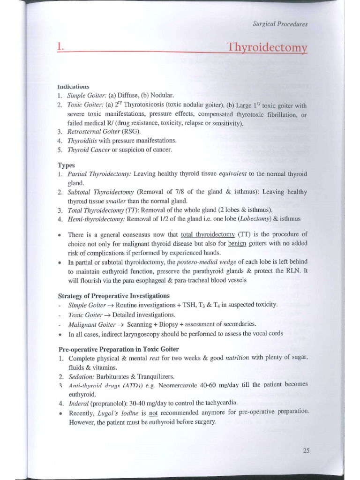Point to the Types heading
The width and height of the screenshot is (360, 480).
[66, 165]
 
